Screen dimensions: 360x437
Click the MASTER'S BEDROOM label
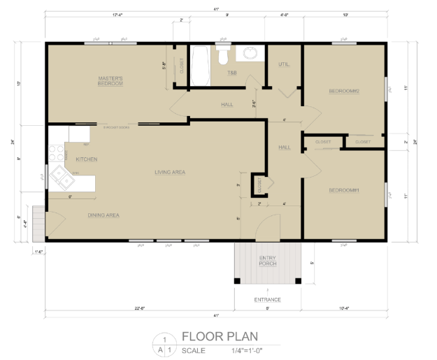(x=110, y=80)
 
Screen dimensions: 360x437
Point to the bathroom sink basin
(x=250, y=53)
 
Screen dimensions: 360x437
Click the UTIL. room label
(x=283, y=64)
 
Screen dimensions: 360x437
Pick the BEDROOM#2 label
(x=343, y=91)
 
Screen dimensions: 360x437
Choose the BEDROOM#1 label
(x=343, y=190)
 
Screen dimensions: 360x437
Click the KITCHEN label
(x=87, y=159)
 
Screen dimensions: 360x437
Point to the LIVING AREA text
(x=170, y=172)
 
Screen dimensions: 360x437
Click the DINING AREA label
(x=103, y=215)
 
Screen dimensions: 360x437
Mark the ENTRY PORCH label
(x=268, y=261)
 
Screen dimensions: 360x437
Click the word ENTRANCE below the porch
(x=267, y=300)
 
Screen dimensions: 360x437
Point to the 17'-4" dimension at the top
(x=108, y=15)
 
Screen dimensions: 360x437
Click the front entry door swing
(x=264, y=227)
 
